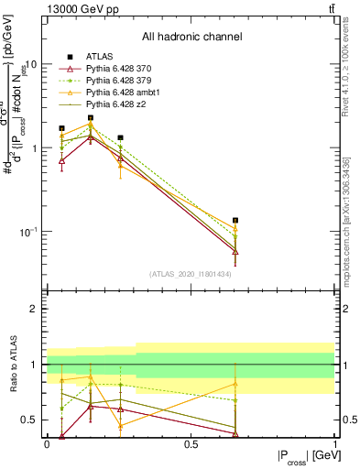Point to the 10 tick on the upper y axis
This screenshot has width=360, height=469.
31,65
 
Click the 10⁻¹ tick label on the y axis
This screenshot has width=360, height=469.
27,232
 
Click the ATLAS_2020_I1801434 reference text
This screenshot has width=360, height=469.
191,274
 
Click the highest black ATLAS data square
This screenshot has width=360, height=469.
91,117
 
